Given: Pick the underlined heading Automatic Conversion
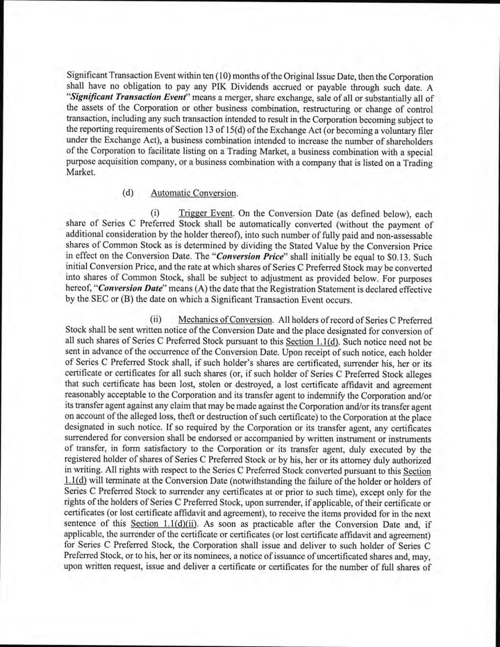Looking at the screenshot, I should [x=187, y=193].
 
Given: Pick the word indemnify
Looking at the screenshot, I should [x=317, y=396].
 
